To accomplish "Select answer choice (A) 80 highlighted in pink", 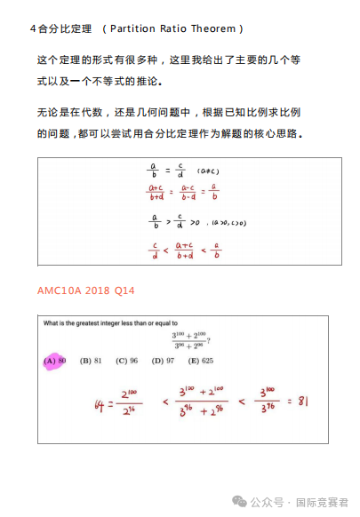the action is coord(56,361).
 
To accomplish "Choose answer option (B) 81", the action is coord(92,361).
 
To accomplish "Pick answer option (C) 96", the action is coord(127,361).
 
